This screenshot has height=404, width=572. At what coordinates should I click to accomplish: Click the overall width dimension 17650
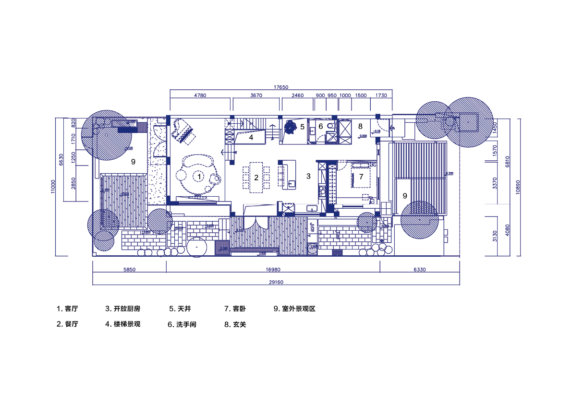point(280,87)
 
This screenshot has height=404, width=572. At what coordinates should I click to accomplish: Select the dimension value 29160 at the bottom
point(276,282)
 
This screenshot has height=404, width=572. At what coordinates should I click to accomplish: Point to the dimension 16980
point(273,270)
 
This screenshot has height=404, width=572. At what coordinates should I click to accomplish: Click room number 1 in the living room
point(199,177)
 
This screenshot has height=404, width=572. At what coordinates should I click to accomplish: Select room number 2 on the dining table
point(256,178)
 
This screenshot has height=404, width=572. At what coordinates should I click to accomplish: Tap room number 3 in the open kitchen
point(308,177)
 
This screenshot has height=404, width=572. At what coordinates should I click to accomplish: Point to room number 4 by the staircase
point(251,137)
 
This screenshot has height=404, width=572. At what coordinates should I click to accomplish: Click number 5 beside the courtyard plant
point(302,127)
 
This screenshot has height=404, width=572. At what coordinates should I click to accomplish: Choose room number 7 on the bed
point(361,177)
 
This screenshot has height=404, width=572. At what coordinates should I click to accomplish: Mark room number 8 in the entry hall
point(360,127)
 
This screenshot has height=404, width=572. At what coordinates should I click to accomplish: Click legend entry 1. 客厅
point(67,309)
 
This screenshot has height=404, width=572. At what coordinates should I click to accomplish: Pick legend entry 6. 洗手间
point(182,324)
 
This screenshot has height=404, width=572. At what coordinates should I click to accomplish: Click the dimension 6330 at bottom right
point(419,270)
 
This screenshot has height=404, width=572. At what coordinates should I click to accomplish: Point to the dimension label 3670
point(256,95)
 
